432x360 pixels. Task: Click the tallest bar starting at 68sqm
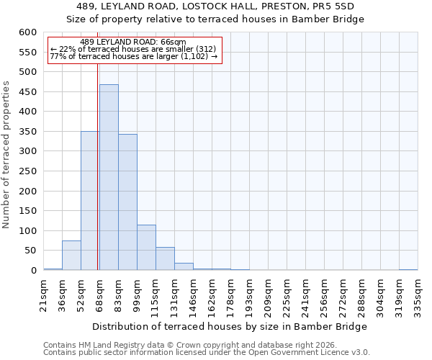[109, 177]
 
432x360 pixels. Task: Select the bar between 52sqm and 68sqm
[90, 201]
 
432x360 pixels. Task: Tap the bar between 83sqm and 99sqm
[127, 202]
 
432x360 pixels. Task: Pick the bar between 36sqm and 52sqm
[71, 256]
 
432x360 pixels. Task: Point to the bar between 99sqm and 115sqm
[146, 248]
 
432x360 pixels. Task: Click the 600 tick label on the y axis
[27, 32]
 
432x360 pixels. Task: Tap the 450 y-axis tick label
[27, 92]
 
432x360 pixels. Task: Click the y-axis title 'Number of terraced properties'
[6, 155]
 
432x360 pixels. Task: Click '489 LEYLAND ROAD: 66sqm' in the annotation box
[133, 42]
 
